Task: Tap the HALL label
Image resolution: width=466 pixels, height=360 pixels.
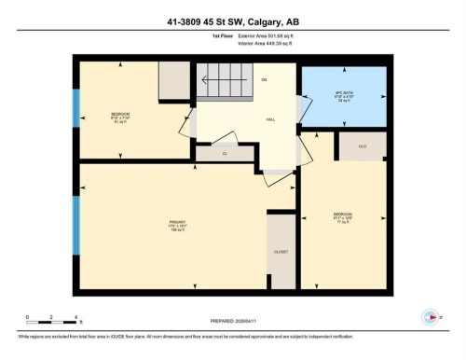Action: (x=271, y=120)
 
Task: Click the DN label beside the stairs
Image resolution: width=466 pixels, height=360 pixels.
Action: (x=264, y=80)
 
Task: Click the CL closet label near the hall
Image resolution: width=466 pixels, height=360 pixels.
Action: (x=224, y=152)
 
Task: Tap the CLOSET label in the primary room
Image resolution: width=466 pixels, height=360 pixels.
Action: (x=281, y=253)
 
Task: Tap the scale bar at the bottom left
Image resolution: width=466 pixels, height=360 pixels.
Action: (x=52, y=323)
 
